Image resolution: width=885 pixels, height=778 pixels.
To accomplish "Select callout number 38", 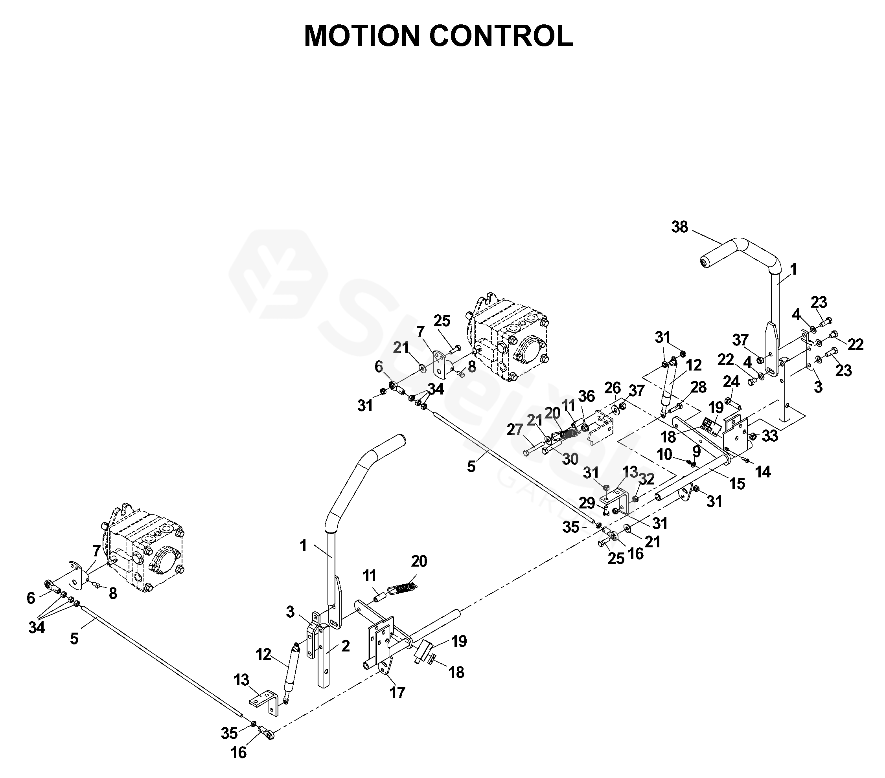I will [679, 227].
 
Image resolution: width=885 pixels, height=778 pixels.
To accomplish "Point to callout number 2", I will [345, 646].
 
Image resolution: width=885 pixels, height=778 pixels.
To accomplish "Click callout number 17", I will [397, 692].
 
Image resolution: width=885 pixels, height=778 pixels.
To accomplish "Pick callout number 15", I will [737, 483].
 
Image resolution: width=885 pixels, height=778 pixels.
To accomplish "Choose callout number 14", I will [763, 472].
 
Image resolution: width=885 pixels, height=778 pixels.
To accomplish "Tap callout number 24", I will [731, 382].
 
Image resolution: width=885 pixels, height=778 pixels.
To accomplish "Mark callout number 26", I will [613, 388].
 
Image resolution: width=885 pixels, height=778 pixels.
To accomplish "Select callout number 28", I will [698, 387].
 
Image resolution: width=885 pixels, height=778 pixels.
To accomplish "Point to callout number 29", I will [587, 503].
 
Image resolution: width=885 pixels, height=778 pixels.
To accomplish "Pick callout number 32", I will [646, 479].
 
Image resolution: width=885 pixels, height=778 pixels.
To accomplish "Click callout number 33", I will [770, 436].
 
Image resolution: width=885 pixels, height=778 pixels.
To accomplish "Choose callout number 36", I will [587, 396].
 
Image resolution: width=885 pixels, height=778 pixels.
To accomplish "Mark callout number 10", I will [664, 454].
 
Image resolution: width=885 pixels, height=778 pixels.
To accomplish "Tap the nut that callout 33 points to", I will [752, 437].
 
